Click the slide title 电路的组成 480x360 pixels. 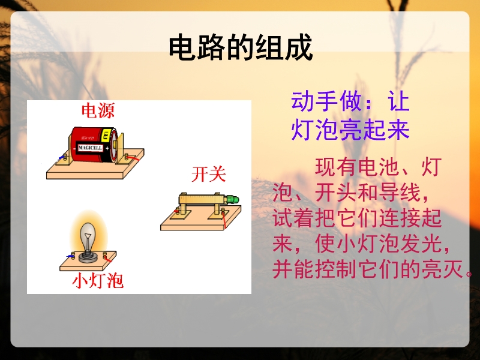[x=241, y=47]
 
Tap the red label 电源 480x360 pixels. [x=98, y=110]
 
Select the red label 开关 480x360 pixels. [x=208, y=175]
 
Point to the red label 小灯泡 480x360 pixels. [x=98, y=281]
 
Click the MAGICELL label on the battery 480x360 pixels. [x=90, y=148]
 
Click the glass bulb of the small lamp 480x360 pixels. [x=88, y=236]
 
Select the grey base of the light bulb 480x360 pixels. [x=88, y=257]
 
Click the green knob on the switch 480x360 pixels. [x=233, y=199]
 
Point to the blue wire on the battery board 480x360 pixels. [x=61, y=158]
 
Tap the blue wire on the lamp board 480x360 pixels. [x=70, y=257]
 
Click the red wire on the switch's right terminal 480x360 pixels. [x=224, y=220]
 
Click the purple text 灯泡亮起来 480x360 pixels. [x=350, y=130]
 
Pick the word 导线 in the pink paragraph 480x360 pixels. [x=400, y=193]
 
